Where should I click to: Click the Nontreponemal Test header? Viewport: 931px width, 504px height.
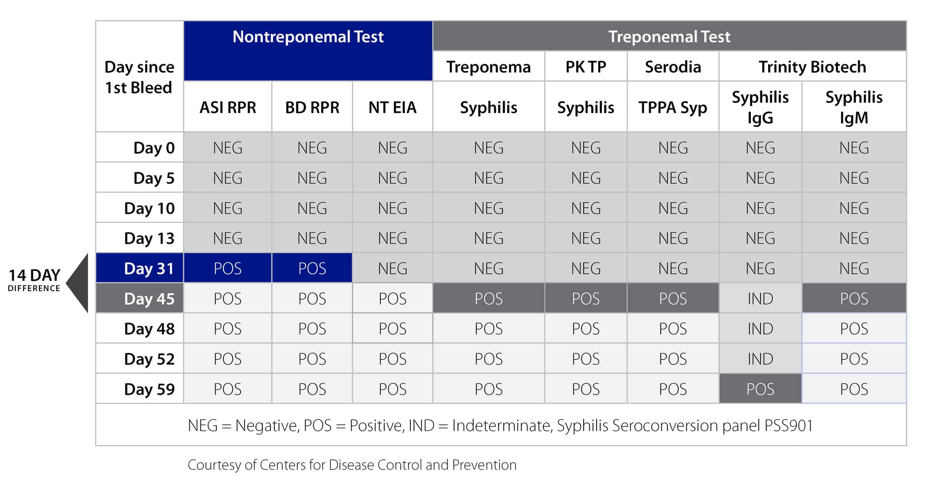(308, 37)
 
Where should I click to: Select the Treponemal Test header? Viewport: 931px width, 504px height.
(669, 37)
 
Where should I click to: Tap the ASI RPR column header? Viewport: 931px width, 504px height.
(228, 107)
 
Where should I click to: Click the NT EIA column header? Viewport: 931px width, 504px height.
(392, 107)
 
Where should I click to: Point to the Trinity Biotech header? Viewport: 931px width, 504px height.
(812, 67)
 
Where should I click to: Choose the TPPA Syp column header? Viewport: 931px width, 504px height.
(672, 107)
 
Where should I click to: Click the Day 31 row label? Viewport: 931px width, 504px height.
(149, 268)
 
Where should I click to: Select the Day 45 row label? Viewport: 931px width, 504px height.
(149, 299)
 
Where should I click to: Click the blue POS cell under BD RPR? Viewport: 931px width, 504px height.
(312, 268)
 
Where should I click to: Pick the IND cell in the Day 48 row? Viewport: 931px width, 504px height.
(760, 329)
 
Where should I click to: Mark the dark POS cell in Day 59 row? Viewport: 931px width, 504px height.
(760, 389)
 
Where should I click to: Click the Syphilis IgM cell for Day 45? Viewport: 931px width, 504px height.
(854, 299)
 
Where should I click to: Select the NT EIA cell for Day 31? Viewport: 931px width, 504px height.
(392, 268)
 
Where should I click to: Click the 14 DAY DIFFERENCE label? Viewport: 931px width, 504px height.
(34, 280)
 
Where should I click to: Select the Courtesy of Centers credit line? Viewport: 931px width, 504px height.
(352, 465)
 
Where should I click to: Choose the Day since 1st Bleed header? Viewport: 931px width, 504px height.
(139, 77)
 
